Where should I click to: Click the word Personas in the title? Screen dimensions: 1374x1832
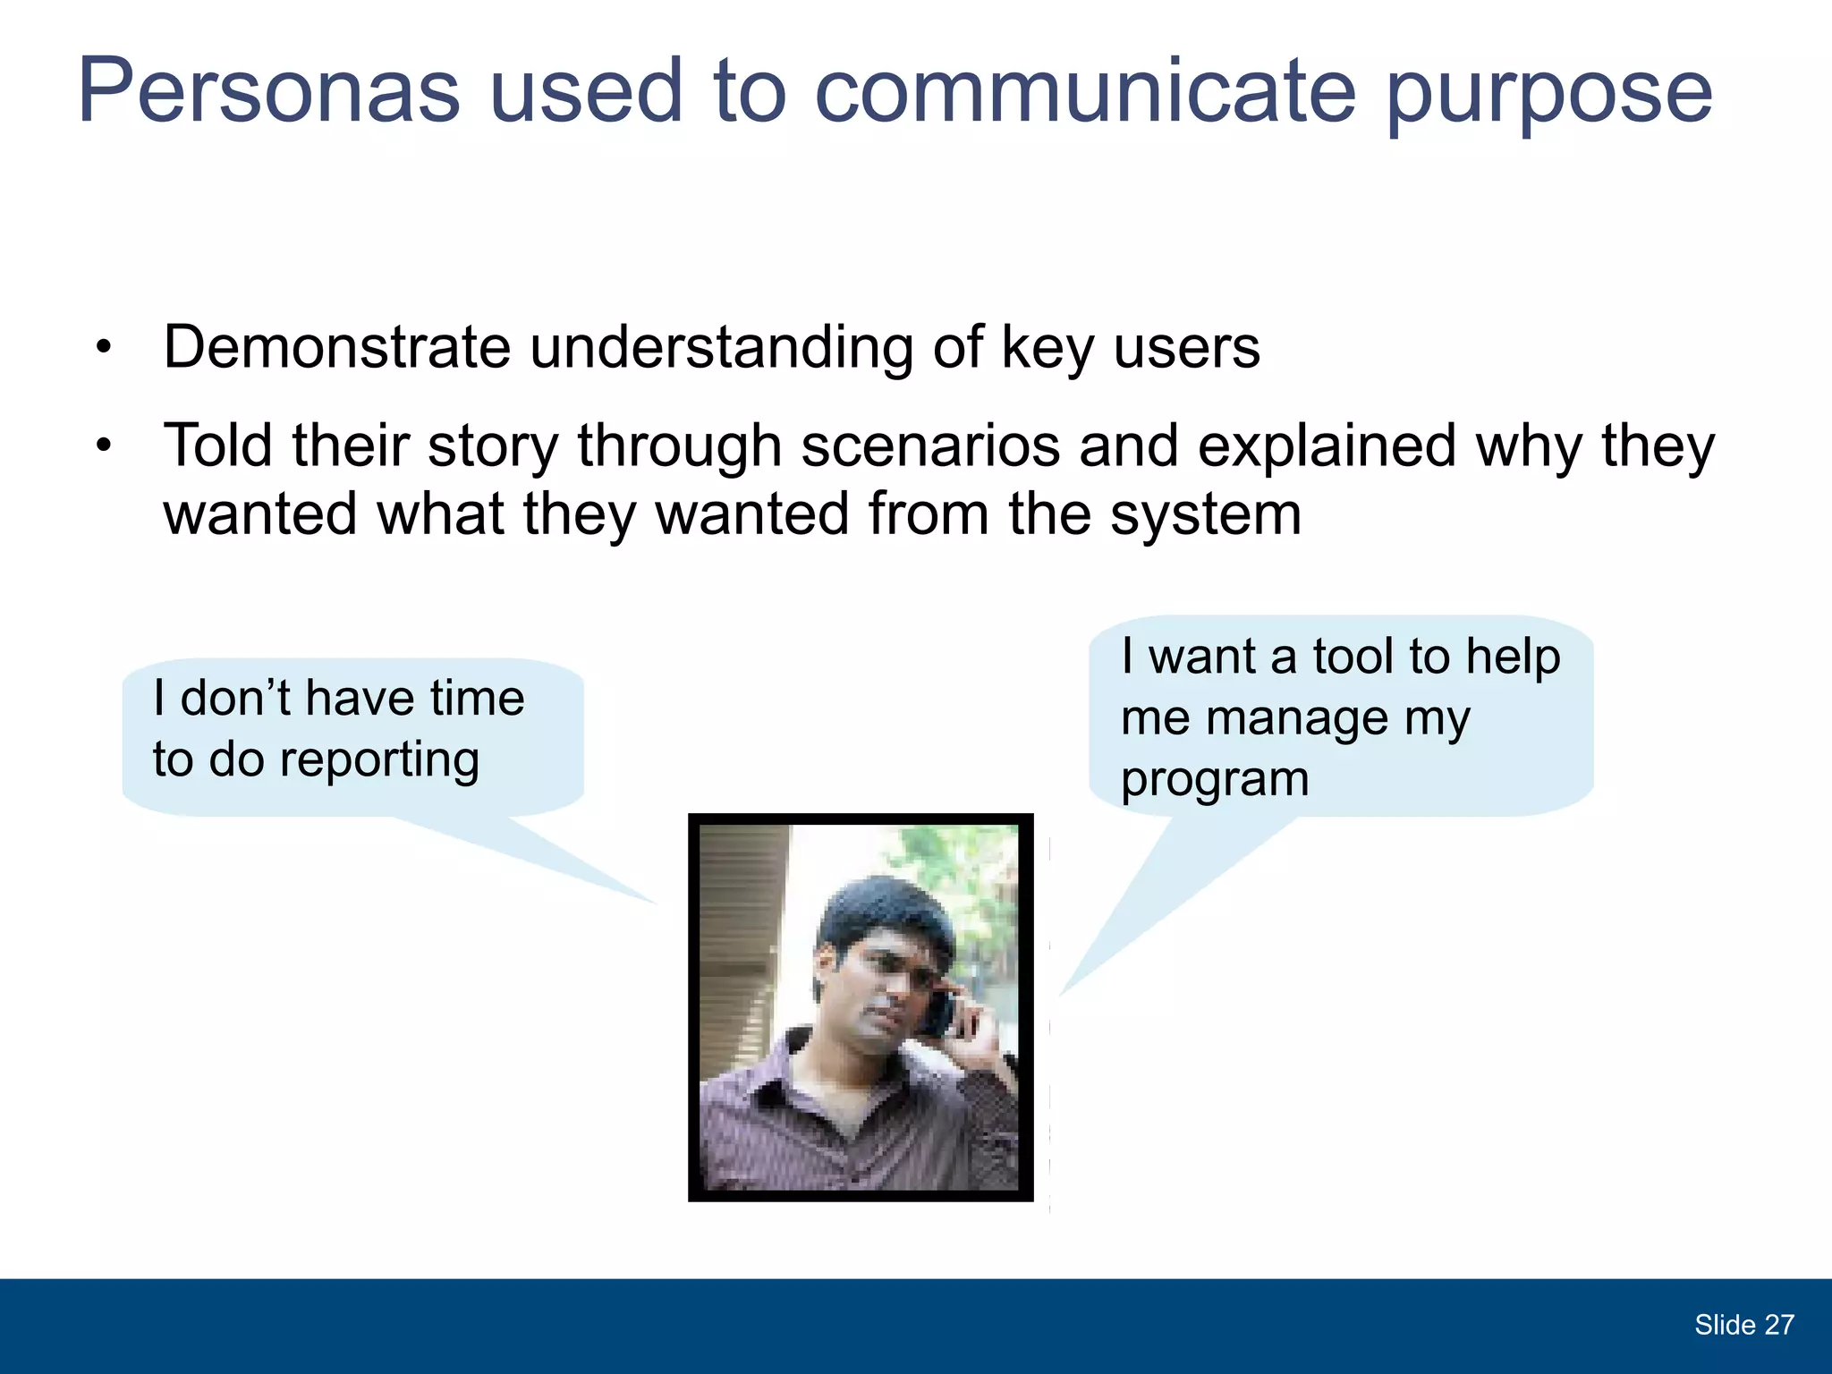[x=268, y=91]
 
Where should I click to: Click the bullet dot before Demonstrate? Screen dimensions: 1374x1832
[x=105, y=348]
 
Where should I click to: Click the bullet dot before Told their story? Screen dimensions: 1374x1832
[x=105, y=445]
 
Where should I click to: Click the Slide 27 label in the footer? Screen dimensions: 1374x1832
[x=1743, y=1325]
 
